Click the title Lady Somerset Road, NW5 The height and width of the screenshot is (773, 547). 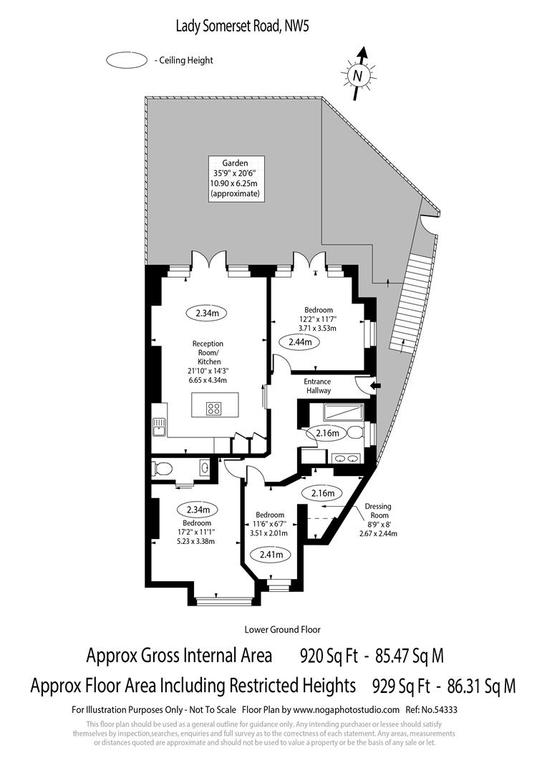click(x=243, y=27)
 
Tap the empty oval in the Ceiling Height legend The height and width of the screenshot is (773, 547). click(x=127, y=61)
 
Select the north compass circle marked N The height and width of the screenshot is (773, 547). click(x=357, y=75)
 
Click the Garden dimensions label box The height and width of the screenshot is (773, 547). click(x=236, y=178)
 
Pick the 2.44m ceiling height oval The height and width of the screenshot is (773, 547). click(x=300, y=342)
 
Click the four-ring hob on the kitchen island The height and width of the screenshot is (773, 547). click(x=213, y=409)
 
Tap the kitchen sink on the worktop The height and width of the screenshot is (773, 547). click(x=158, y=427)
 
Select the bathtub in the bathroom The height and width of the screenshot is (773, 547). click(x=343, y=412)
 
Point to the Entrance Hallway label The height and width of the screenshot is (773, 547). click(x=318, y=386)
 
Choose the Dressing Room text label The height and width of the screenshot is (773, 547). click(x=378, y=510)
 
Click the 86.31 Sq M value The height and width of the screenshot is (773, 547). click(x=481, y=686)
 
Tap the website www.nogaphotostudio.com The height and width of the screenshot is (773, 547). click(x=346, y=710)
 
